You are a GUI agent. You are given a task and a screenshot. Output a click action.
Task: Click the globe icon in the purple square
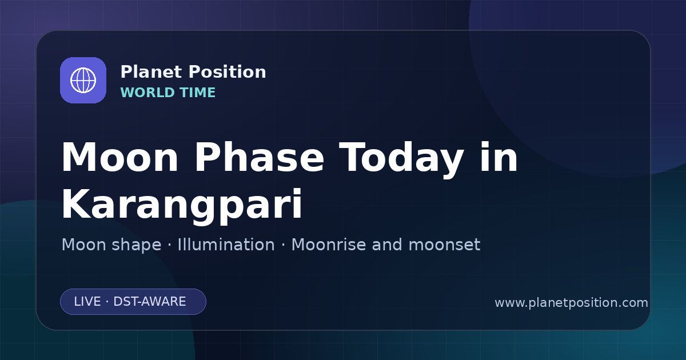[x=83, y=80]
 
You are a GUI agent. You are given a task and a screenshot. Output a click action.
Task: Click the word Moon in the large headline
[x=119, y=157]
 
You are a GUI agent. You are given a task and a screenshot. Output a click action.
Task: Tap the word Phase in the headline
[x=259, y=157]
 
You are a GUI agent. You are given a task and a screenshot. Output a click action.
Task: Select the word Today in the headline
[x=401, y=159]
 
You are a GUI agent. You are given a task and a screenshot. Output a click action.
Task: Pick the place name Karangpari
[x=182, y=205]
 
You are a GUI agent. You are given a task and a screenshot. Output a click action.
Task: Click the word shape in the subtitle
[x=136, y=245]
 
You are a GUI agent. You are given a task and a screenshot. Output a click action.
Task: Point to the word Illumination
[x=226, y=245]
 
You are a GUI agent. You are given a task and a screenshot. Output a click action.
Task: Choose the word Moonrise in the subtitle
[x=328, y=245]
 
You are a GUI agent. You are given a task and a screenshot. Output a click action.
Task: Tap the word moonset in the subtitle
[x=444, y=245]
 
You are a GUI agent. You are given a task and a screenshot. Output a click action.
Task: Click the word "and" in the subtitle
[x=387, y=245]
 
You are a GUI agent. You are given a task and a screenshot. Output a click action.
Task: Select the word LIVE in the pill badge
[x=87, y=302]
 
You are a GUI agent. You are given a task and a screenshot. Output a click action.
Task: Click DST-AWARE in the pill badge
[x=149, y=302]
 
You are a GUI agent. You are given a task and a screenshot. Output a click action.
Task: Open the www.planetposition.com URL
[x=572, y=303]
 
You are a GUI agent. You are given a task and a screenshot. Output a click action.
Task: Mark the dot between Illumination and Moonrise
[x=283, y=245]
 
